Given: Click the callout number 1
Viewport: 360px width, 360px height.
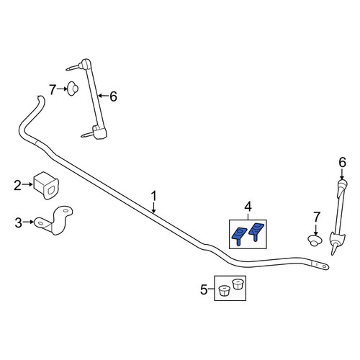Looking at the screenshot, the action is [153, 196].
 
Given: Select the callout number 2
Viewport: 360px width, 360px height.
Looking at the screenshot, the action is [17, 186].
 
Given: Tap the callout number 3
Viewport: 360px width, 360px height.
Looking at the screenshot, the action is [19, 222].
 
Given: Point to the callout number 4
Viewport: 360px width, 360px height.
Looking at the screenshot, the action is [248, 207].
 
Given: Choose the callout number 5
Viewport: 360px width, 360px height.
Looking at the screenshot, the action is [204, 289].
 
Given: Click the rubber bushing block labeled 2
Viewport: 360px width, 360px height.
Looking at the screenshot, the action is [46, 185].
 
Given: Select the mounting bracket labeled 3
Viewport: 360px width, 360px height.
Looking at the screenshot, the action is [55, 220].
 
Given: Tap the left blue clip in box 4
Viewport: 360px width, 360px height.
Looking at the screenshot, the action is [239, 235].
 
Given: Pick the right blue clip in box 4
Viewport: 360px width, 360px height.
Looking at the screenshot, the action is [256, 232].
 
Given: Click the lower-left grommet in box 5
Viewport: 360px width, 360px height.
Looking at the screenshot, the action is [223, 291].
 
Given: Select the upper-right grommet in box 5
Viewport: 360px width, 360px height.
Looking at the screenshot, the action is [238, 284].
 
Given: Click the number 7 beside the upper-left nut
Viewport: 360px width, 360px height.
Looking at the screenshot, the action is [53, 90].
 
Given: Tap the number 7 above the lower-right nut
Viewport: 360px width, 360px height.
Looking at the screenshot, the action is [317, 217].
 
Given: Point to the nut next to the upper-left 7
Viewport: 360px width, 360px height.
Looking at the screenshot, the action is [72, 89].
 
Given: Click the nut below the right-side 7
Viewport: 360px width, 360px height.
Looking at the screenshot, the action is [315, 240].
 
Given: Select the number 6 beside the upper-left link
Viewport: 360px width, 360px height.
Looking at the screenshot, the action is [113, 96].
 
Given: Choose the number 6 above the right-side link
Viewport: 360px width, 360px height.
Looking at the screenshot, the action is [343, 162].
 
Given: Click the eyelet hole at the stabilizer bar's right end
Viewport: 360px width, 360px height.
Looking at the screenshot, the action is [324, 266].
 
